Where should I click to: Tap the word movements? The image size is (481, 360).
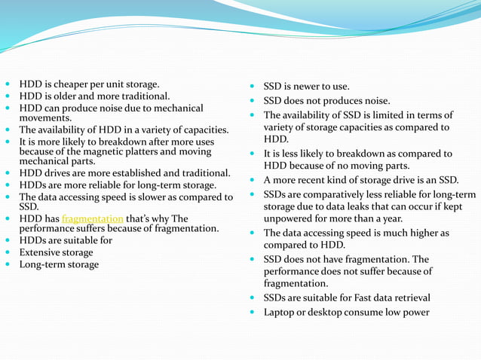click(x=44, y=118)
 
